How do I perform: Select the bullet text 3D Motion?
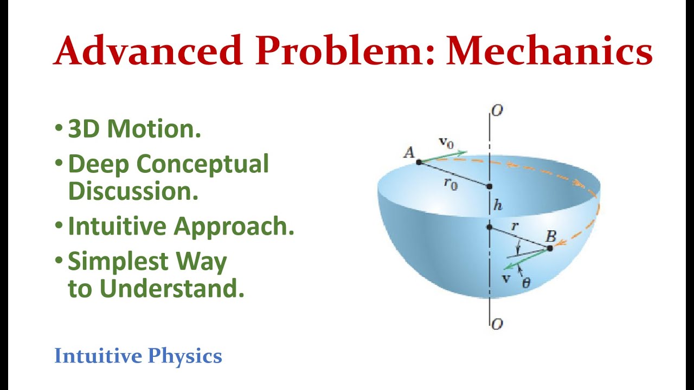pyautogui.click(x=134, y=129)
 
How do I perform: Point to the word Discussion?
pyautogui.click(x=133, y=191)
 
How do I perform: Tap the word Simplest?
pyautogui.click(x=112, y=262)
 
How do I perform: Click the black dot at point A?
pyautogui.click(x=419, y=162)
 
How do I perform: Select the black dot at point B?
pyautogui.click(x=550, y=248)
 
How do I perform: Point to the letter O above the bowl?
pyautogui.click(x=497, y=110)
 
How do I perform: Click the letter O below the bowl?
pyautogui.click(x=497, y=324)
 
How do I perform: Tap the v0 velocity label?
pyautogui.click(x=446, y=142)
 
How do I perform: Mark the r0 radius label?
pyautogui.click(x=451, y=183)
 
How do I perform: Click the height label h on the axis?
pyautogui.click(x=498, y=205)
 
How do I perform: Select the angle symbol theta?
pyautogui.click(x=526, y=282)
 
